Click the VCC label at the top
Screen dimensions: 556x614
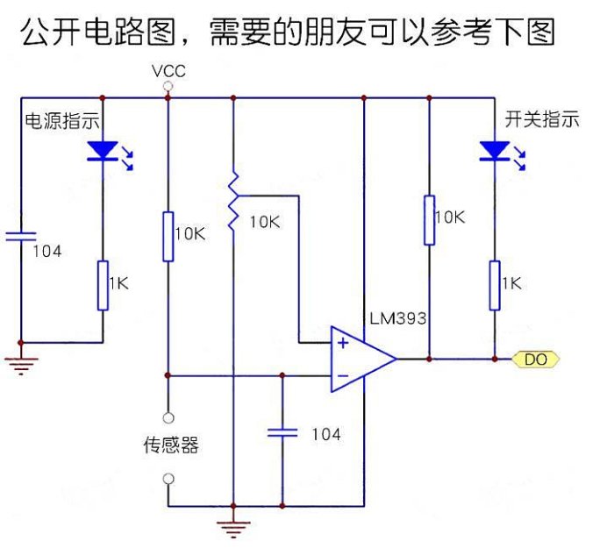168,71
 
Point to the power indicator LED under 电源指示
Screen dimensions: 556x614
103,151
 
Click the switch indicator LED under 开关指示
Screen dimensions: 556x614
494,151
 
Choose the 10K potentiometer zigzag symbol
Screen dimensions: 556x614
233,203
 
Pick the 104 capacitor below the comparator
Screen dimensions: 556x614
282,431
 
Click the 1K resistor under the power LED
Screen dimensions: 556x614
103,284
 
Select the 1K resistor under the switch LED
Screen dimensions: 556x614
494,284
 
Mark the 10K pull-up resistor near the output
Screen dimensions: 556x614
430,219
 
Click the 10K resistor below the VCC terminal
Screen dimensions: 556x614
168,235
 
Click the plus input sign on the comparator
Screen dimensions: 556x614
342,343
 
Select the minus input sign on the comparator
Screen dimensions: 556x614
342,375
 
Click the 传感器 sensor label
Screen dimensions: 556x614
170,446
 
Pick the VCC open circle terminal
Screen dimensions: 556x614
168,85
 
